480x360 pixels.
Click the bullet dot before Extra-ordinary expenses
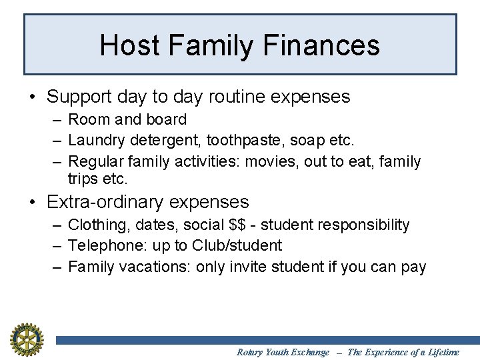pos(33,203)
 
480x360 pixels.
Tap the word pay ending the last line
pos(413,267)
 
